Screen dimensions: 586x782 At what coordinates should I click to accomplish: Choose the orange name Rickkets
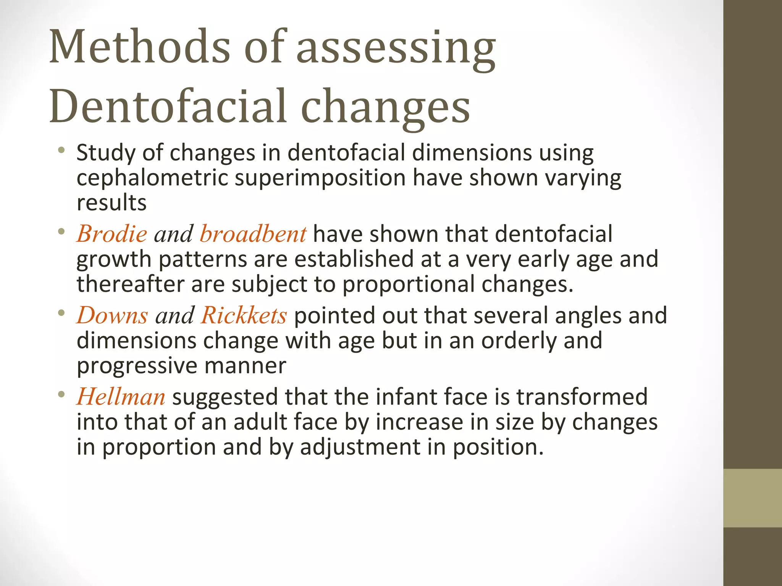pyautogui.click(x=244, y=316)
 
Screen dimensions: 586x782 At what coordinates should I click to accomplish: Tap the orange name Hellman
pyautogui.click(x=121, y=397)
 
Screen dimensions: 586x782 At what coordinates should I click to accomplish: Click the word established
pyautogui.click(x=354, y=259)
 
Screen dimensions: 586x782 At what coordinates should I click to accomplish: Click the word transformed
pyautogui.click(x=582, y=397)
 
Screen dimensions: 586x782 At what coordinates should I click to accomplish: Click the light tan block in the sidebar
pyautogui.click(x=752, y=498)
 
